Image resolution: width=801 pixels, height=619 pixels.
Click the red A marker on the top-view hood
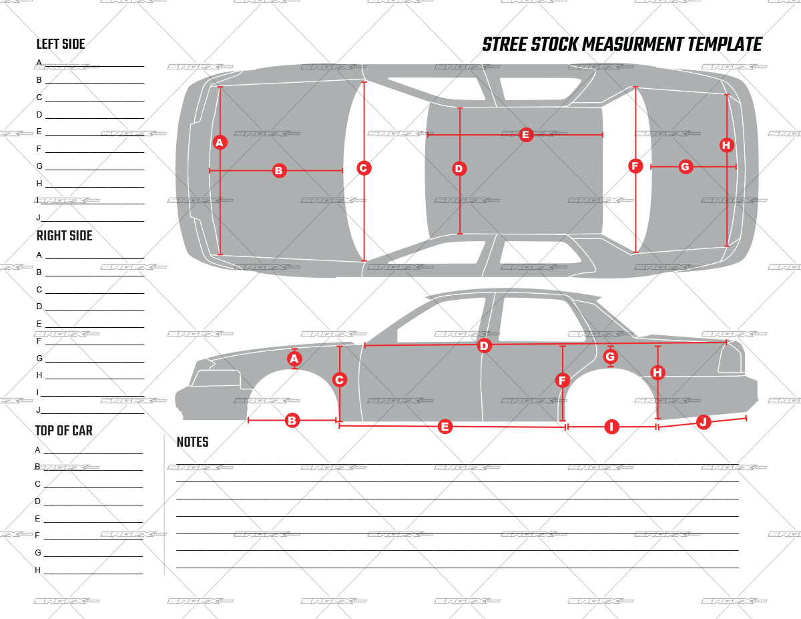coord(220,142)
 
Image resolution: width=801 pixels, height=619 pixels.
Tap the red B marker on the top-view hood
coord(279,171)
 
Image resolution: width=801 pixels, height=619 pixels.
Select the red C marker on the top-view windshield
coord(363,168)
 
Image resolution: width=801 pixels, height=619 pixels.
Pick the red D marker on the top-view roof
coord(459,169)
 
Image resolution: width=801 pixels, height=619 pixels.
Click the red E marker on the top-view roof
coord(525,135)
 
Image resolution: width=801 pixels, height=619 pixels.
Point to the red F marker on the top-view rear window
coord(635,166)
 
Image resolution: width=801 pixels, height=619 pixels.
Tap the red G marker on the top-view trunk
coord(685,167)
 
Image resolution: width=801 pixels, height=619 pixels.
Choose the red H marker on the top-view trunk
coord(726,145)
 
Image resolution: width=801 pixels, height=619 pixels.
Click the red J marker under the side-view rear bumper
coord(702,422)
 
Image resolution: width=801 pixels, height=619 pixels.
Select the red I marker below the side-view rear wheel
coord(611,427)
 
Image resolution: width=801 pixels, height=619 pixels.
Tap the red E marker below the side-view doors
coord(445,427)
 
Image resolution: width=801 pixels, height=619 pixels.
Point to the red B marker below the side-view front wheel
coord(292,421)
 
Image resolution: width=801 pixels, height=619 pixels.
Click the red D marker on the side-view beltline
coord(484,346)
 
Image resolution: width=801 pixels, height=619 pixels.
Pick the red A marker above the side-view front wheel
coord(294,359)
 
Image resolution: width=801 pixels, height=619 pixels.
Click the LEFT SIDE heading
coord(61,45)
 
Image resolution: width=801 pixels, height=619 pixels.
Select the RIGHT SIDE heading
coord(64,236)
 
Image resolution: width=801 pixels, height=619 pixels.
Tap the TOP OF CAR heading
coord(64,431)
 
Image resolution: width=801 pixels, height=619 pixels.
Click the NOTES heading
coord(192,442)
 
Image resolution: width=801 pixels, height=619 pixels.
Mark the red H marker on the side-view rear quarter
coord(657,373)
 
